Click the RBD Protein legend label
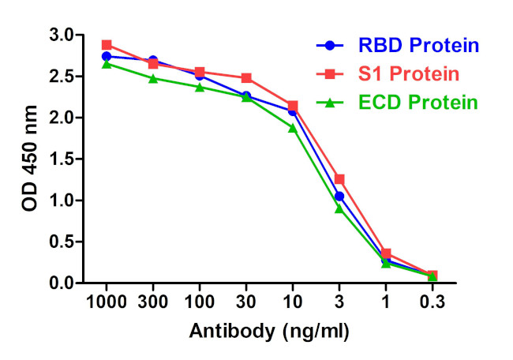pyautogui.click(x=418, y=45)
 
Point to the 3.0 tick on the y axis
pyautogui.click(x=63, y=36)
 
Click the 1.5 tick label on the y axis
pyautogui.click(x=63, y=159)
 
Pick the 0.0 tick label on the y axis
pyautogui.click(x=63, y=283)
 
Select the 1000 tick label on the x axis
pyautogui.click(x=107, y=303)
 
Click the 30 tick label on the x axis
pyautogui.click(x=246, y=303)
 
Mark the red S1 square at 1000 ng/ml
pyautogui.click(x=107, y=45)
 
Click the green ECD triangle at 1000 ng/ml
pyautogui.click(x=107, y=64)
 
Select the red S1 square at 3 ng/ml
pyautogui.click(x=339, y=179)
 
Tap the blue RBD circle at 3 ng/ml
pyautogui.click(x=339, y=196)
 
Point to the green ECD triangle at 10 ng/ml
pyautogui.click(x=293, y=127)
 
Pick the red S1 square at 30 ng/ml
pyautogui.click(x=246, y=78)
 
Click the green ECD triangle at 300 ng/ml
pyautogui.click(x=153, y=78)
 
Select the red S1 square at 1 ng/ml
pyautogui.click(x=386, y=253)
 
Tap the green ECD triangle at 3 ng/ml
pyautogui.click(x=339, y=208)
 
